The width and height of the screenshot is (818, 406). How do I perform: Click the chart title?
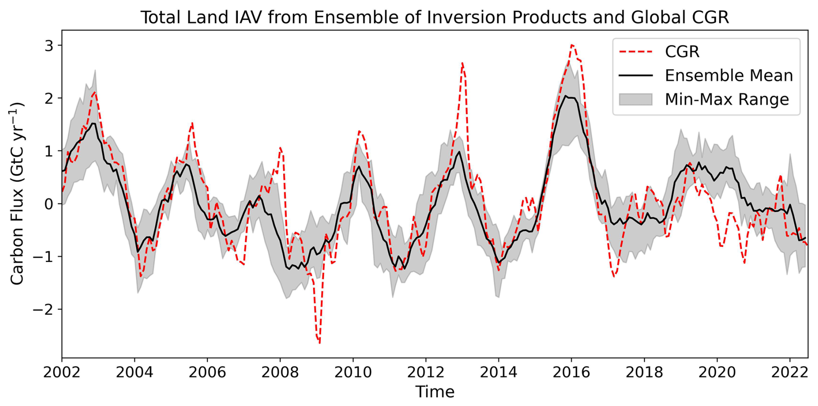(x=435, y=17)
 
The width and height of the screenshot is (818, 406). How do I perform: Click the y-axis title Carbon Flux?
(x=17, y=194)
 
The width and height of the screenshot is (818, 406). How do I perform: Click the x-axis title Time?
(x=435, y=392)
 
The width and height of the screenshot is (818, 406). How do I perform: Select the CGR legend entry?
(x=682, y=51)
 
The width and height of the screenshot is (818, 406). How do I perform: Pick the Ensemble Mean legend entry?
(x=729, y=76)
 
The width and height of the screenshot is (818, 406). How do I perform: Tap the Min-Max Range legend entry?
(x=726, y=99)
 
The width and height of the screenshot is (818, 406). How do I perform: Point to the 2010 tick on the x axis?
(x=353, y=372)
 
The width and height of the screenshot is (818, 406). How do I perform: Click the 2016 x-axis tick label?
(x=571, y=372)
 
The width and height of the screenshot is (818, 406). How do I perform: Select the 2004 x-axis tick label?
(x=134, y=372)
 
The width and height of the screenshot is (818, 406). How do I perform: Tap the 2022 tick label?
(x=790, y=372)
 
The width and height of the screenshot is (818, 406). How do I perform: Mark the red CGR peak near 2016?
(x=572, y=45)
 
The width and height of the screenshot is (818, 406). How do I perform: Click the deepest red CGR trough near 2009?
(x=320, y=343)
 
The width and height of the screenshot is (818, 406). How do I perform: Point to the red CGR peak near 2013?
(x=462, y=63)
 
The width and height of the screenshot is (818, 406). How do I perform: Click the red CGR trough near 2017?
(x=613, y=276)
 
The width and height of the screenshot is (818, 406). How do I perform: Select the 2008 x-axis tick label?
(x=280, y=372)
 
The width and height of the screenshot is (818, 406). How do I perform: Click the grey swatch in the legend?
(x=635, y=99)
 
